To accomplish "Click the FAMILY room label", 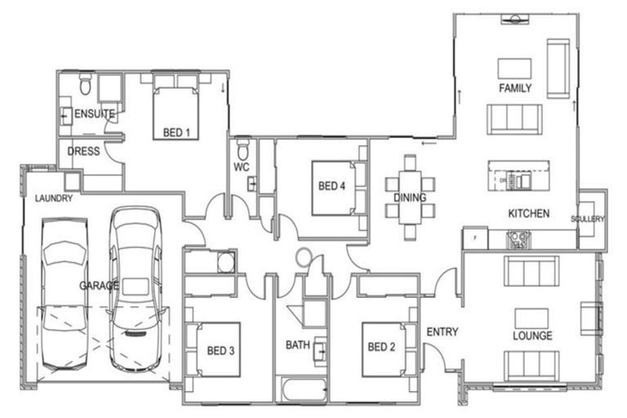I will pyautogui.click(x=515, y=87).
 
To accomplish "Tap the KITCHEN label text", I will pyautogui.click(x=528, y=214).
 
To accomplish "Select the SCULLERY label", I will pyautogui.click(x=588, y=219).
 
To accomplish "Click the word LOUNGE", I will pyautogui.click(x=532, y=336).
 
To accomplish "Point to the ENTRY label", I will pyautogui.click(x=442, y=332).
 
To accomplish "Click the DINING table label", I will pyautogui.click(x=410, y=198).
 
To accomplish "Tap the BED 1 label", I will pyautogui.click(x=176, y=131).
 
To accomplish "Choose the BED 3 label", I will pyautogui.click(x=220, y=350).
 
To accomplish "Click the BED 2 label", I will pyautogui.click(x=381, y=347).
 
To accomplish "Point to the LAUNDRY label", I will pyautogui.click(x=54, y=198).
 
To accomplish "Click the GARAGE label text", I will pyautogui.click(x=99, y=286).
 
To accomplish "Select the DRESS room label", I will pyautogui.click(x=83, y=151).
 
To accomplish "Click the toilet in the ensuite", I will pyautogui.click(x=86, y=87).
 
